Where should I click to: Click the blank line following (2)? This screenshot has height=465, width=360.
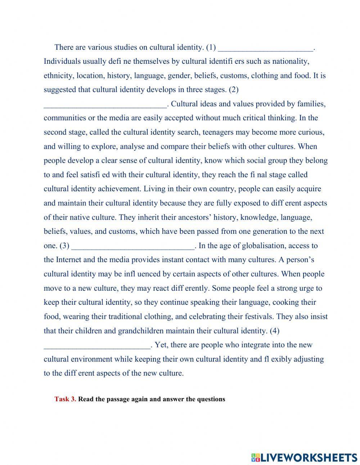coord(105,105)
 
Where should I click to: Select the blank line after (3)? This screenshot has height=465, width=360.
coord(133,246)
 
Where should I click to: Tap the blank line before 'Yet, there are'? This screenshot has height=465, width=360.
coord(97,345)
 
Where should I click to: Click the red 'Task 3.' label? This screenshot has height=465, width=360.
coord(65,399)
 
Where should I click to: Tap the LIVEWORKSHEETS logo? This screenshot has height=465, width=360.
coord(304,457)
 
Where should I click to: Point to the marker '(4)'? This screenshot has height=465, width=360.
coord(274,331)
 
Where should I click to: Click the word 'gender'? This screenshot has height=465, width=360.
coord(183,76)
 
